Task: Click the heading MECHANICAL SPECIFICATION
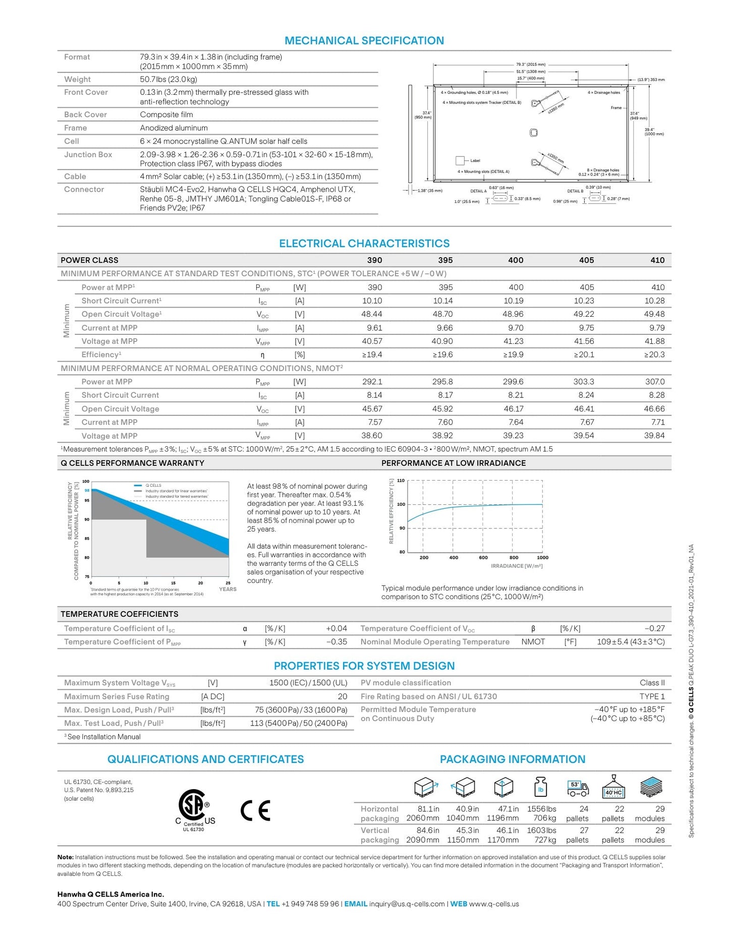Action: click(364, 41)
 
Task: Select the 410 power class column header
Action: click(657, 260)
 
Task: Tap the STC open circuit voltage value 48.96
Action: click(513, 314)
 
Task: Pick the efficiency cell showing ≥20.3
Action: click(654, 355)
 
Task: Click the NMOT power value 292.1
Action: click(372, 382)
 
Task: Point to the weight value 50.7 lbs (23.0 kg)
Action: click(169, 79)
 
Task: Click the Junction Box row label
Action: click(88, 155)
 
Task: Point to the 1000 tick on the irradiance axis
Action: click(542, 558)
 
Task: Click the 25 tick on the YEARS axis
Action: click(228, 583)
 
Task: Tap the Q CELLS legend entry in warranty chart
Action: click(153, 485)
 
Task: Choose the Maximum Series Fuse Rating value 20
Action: click(342, 696)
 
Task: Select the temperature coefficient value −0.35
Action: click(336, 642)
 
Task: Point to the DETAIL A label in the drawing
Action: click(478, 191)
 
